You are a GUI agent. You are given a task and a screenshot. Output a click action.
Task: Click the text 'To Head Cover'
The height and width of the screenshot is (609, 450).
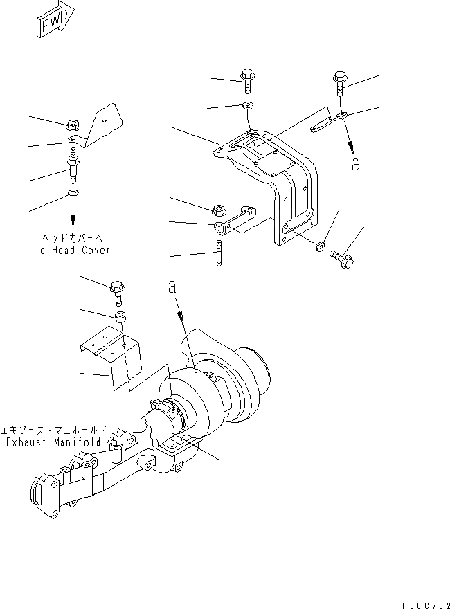72,251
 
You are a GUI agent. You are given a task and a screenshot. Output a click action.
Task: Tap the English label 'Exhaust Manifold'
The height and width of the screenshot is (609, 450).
52,442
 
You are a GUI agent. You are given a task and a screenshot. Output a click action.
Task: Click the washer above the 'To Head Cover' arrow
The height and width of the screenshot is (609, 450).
73,192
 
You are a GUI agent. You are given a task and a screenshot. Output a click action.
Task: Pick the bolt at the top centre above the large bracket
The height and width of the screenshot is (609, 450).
247,80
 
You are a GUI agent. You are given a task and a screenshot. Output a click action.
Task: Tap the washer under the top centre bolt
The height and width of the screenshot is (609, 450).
248,105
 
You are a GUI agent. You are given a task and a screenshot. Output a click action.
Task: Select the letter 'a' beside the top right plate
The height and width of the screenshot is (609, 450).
356,164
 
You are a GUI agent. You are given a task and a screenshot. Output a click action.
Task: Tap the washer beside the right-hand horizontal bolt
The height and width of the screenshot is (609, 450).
321,246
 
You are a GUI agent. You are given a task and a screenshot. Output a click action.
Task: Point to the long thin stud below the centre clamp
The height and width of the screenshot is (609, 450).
219,252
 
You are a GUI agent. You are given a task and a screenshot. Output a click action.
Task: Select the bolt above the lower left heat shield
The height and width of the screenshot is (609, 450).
117,290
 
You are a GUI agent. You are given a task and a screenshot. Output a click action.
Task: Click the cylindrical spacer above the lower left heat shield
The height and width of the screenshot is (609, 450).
120,318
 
